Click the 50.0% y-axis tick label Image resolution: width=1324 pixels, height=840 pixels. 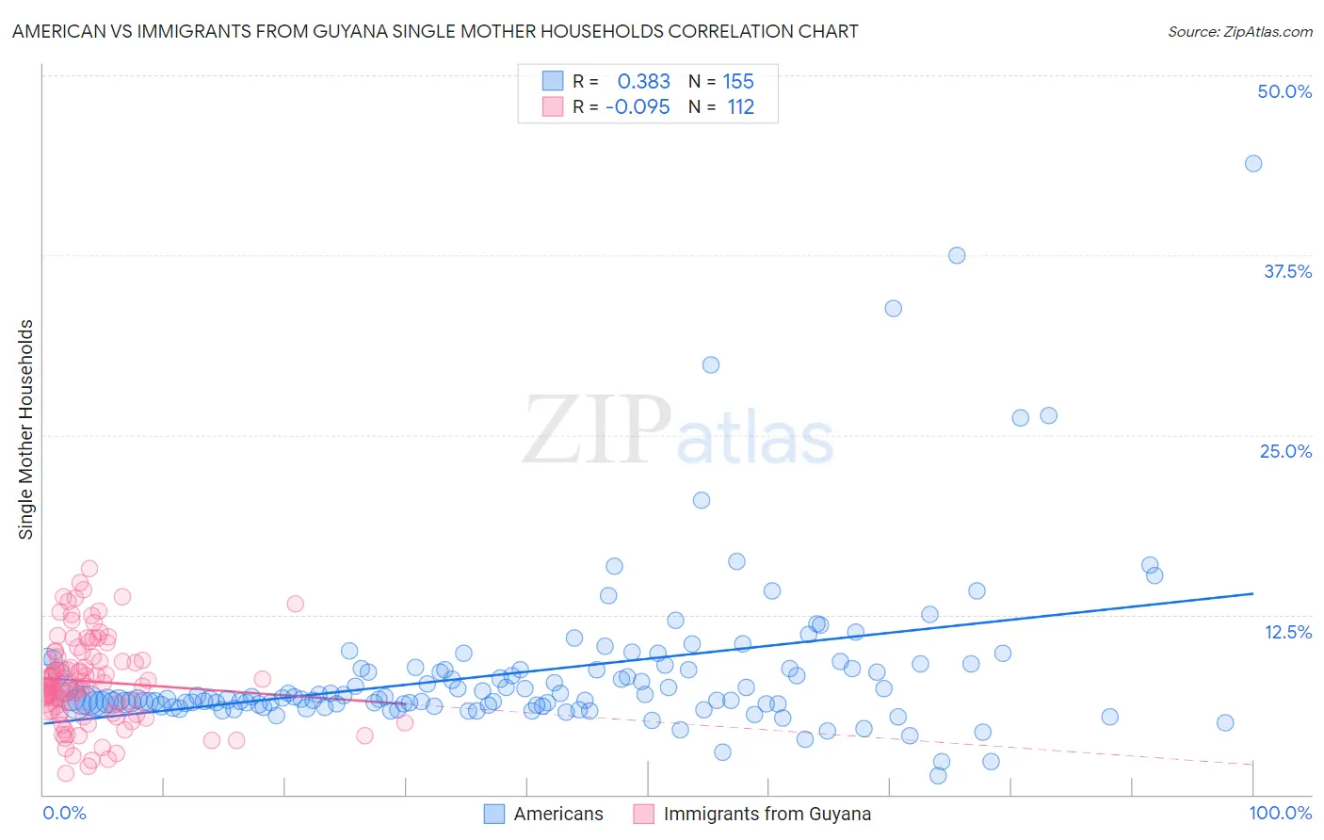(x=1284, y=91)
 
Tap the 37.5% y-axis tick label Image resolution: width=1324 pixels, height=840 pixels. (x=1287, y=271)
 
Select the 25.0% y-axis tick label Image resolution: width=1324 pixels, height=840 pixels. (x=1285, y=451)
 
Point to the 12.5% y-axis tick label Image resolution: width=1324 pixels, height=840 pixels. (x=1287, y=632)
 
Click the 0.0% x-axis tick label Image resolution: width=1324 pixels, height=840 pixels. (x=64, y=813)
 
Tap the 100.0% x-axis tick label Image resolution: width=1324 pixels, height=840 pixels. (x=1280, y=813)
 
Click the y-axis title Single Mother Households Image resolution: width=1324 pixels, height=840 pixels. (x=26, y=429)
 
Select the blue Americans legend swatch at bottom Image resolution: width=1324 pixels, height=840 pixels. (x=494, y=814)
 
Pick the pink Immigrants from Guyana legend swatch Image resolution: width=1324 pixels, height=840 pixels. (x=644, y=814)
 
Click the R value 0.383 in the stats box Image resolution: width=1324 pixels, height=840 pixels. (x=643, y=81)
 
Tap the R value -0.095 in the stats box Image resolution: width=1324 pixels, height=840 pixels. (x=638, y=106)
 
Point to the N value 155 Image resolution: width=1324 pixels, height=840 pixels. (x=738, y=81)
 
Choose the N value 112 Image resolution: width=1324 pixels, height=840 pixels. (x=741, y=106)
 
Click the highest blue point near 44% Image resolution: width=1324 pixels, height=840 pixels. (x=1253, y=164)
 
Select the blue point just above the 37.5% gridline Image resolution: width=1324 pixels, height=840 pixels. (x=957, y=255)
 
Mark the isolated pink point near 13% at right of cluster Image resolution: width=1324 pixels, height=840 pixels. (x=296, y=604)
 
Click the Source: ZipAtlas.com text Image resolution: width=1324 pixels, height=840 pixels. (x=1239, y=31)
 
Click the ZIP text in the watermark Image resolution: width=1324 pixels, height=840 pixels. (x=597, y=431)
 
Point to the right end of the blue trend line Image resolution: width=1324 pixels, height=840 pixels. (x=1253, y=593)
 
